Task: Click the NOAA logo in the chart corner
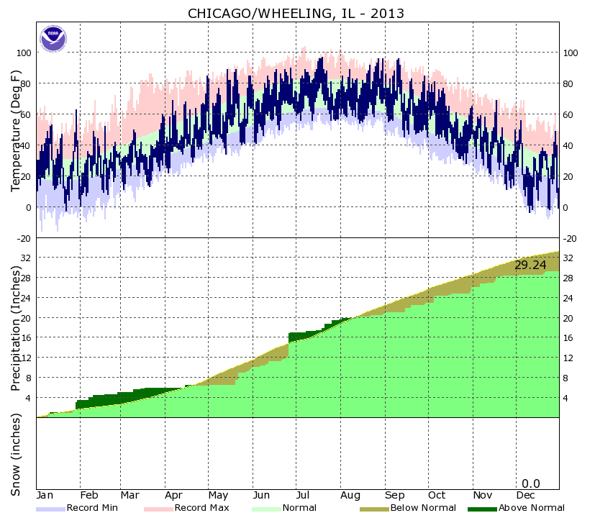(x=52, y=38)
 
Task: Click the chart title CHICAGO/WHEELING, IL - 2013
(x=296, y=13)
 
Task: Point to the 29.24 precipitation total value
(x=530, y=265)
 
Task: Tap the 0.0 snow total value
(x=531, y=483)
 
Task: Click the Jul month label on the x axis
(x=302, y=496)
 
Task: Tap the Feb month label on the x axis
(x=89, y=496)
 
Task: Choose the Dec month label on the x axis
(x=525, y=496)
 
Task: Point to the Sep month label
(x=394, y=496)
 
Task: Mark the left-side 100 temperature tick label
(x=24, y=53)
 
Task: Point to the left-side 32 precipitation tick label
(x=27, y=258)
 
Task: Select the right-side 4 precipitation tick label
(x=568, y=398)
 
